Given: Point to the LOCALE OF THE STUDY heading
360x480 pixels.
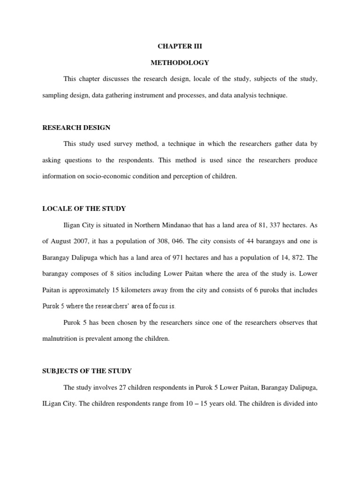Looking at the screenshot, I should (x=84, y=209).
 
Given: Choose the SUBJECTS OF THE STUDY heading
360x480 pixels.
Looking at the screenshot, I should (x=87, y=371).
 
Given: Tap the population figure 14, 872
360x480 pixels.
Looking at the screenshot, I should (x=293, y=257).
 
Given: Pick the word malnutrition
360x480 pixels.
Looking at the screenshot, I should (x=59, y=338).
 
